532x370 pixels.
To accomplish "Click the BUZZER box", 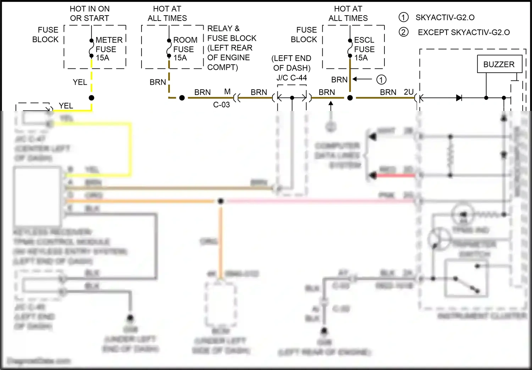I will point(499,64).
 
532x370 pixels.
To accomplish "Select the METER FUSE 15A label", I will point(109,49).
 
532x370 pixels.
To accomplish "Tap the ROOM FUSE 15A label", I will point(185,49).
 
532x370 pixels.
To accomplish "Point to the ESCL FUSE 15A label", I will point(364,49).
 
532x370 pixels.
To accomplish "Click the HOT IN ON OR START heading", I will point(90,13).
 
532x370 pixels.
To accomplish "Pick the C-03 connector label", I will point(221,105).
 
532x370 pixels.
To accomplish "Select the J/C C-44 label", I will point(292,78).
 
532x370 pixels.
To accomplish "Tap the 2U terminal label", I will point(409,92).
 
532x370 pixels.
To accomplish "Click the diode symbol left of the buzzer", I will point(459,98).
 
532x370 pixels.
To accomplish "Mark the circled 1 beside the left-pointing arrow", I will point(381,80).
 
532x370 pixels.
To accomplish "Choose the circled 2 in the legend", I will point(403,32).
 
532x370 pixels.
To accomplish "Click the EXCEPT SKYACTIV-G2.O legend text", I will point(464,33).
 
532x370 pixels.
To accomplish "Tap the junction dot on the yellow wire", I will point(92,98).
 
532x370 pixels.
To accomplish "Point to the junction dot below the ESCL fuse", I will point(350,98).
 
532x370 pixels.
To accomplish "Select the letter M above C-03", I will point(227,92).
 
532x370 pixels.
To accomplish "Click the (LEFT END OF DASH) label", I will point(292,63).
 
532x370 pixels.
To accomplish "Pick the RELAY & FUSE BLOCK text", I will point(232,33).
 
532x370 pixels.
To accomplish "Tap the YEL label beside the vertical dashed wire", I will point(80,82).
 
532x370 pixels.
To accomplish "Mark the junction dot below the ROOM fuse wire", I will point(182,98).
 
